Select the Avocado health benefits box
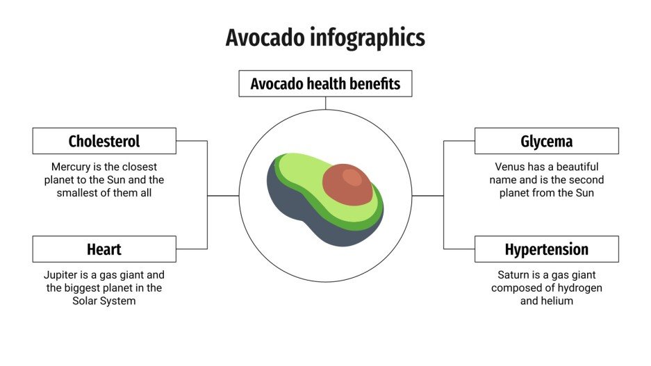click(x=325, y=84)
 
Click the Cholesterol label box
click(x=104, y=141)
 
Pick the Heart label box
click(x=104, y=249)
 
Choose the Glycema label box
click(x=546, y=141)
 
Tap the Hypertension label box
click(x=546, y=249)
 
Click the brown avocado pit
click(x=348, y=184)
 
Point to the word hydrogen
click(x=575, y=288)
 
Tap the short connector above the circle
click(x=325, y=103)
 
